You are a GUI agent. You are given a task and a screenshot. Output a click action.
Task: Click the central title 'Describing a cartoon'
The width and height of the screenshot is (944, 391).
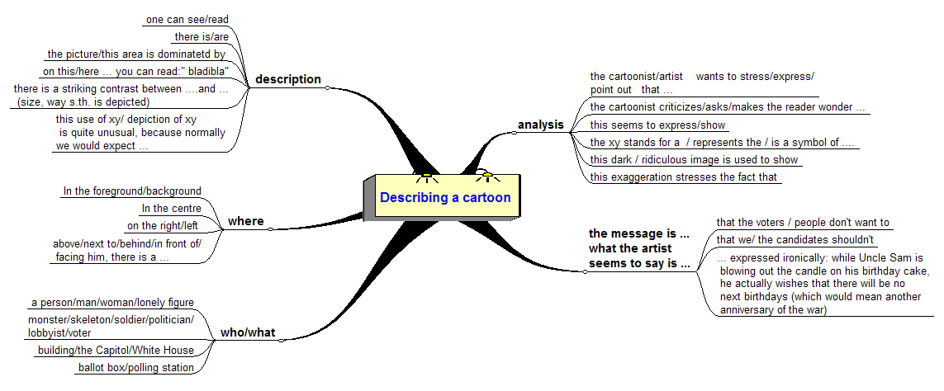click(x=444, y=198)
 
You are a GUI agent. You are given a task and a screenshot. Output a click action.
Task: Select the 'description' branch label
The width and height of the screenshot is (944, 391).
click(x=288, y=79)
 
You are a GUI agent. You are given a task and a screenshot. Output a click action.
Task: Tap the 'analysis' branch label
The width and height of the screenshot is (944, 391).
click(x=540, y=125)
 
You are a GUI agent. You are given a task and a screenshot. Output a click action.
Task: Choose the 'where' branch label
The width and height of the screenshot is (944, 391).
click(x=246, y=221)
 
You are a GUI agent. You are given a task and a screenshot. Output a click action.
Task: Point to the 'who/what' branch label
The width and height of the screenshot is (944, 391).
click(x=248, y=333)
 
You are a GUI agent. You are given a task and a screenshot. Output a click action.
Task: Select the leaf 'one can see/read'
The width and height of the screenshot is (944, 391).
click(x=187, y=19)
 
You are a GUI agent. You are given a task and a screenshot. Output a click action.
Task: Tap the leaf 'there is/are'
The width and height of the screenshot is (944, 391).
click(x=202, y=36)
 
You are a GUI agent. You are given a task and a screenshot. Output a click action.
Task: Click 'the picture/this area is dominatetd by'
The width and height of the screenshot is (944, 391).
click(x=136, y=54)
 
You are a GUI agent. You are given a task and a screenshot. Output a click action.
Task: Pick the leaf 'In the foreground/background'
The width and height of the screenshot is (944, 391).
click(x=132, y=191)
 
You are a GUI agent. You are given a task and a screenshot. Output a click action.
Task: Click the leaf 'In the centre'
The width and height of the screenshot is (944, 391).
click(x=171, y=209)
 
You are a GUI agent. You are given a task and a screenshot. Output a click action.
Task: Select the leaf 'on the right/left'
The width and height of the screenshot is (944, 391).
click(x=164, y=225)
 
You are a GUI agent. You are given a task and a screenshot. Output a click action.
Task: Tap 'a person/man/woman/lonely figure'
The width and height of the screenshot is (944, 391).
click(x=111, y=303)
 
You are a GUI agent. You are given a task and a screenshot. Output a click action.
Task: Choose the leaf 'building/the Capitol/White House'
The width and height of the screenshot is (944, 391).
click(x=116, y=351)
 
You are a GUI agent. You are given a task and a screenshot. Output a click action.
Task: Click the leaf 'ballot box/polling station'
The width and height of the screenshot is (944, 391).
click(x=136, y=368)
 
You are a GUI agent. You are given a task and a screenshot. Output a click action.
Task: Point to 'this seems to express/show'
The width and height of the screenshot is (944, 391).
click(x=657, y=125)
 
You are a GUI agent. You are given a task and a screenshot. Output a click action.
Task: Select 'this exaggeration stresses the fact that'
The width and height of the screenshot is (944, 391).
click(x=685, y=177)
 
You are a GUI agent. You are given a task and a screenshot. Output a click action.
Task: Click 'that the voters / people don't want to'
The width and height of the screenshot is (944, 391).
click(x=803, y=222)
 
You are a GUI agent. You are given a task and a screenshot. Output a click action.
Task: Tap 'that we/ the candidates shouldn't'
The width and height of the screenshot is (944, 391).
click(x=795, y=240)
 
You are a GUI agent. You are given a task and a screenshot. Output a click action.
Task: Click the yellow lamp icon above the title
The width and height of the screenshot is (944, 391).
click(x=487, y=174)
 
